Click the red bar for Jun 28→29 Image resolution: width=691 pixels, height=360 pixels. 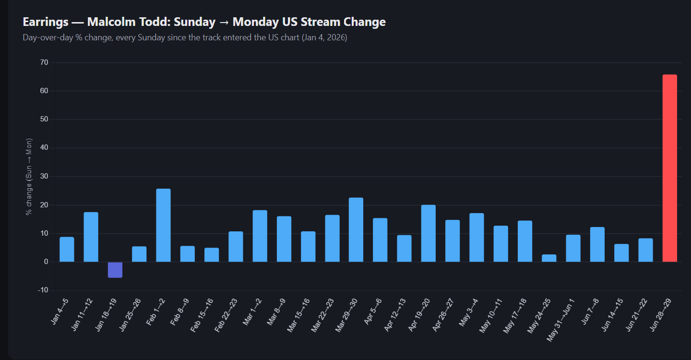coord(670,168)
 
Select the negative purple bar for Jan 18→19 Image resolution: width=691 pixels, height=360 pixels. coord(115,270)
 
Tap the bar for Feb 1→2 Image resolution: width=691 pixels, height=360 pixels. coord(164,225)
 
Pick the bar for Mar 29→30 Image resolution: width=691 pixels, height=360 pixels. coord(356,230)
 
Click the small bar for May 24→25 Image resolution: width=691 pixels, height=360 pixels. coord(549,258)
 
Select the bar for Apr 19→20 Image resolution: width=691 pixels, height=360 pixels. coord(429,233)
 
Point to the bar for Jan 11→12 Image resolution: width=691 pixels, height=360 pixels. coord(91,237)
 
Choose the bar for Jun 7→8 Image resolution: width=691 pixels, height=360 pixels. coord(597,244)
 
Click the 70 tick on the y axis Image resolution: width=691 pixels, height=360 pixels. coord(44,62)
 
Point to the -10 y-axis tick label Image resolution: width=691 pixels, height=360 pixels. coord(43,290)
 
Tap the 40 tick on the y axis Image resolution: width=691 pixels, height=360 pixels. coord(44,148)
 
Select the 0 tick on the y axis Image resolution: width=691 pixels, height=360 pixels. coord(46,262)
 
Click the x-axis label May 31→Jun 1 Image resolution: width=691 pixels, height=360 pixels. coord(560,320)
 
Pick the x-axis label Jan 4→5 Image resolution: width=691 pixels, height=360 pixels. coord(60,312)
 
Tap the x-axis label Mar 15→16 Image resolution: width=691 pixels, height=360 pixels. coord(298,315)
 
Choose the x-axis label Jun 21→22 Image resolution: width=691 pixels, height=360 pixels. coord(636,315)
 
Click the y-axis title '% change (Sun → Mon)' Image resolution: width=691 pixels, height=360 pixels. coord(29,177)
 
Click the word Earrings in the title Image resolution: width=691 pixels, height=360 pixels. coord(46,22)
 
